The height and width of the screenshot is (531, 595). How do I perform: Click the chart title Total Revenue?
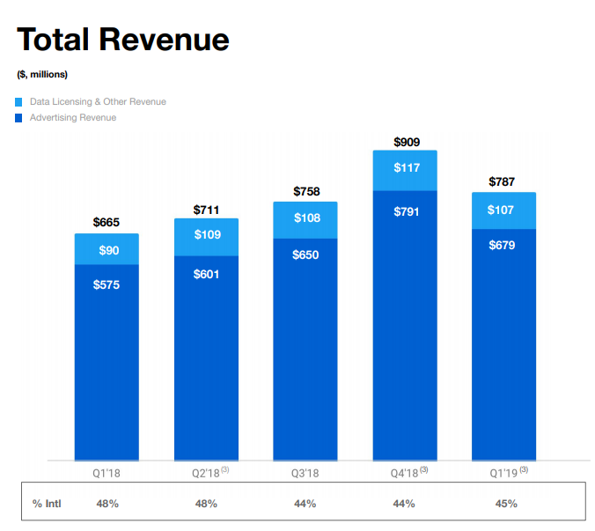click(122, 40)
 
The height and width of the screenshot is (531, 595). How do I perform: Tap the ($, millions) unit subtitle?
click(42, 74)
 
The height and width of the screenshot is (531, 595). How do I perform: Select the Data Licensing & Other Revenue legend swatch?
click(19, 102)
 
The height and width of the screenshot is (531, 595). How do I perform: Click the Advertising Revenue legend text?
click(73, 117)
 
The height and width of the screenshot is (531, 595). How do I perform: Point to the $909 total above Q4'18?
click(405, 141)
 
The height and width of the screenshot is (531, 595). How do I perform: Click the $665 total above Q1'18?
click(107, 223)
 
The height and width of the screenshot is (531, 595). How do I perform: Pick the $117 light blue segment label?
click(405, 168)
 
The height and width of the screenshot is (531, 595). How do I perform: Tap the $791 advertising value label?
click(405, 211)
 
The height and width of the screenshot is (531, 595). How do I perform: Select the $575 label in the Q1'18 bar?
click(107, 284)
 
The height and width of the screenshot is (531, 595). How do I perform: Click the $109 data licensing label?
click(206, 234)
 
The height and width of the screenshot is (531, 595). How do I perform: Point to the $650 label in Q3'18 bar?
click(305, 254)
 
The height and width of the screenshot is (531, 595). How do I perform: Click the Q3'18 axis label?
click(305, 473)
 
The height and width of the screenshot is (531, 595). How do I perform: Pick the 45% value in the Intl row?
click(505, 504)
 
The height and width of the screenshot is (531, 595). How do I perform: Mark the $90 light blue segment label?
click(107, 251)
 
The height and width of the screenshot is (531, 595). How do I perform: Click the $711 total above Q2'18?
click(206, 209)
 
